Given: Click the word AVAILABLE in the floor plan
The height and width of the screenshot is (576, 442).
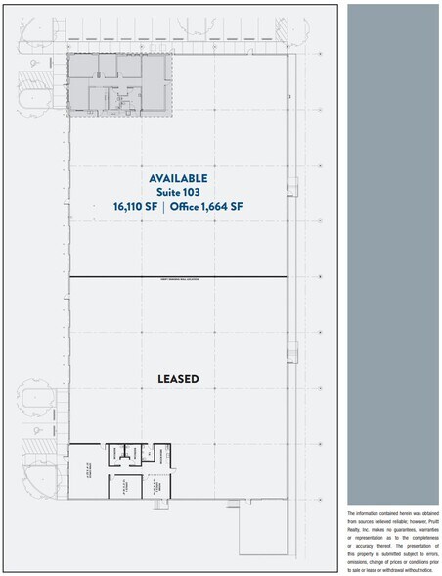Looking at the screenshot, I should tap(178, 178).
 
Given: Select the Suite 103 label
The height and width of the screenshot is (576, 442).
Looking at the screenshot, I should tap(178, 192).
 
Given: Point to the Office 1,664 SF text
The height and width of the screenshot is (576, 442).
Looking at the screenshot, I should tap(206, 207).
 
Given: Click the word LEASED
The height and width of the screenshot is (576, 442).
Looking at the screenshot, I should tap(178, 378).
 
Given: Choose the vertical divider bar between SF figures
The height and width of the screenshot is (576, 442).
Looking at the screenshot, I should tap(163, 207).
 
